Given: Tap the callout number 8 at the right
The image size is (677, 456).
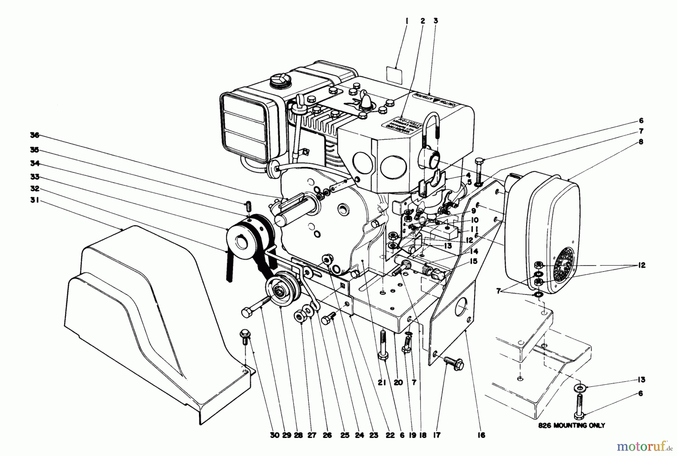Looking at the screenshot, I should pyautogui.click(x=641, y=142).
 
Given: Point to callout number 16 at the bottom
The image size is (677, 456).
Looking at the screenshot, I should pyautogui.click(x=481, y=435).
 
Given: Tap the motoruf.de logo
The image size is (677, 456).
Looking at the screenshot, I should pyautogui.click(x=644, y=446).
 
